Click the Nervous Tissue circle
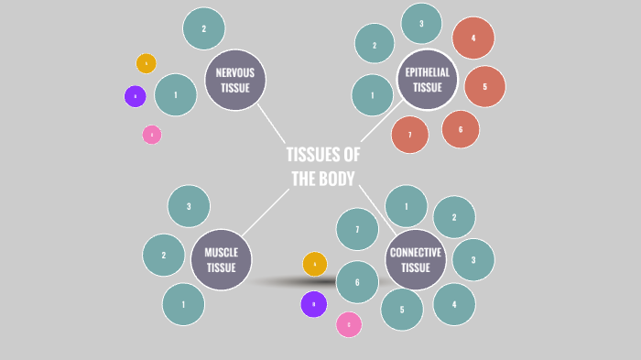[x=235, y=80]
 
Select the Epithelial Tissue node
[x=428, y=80]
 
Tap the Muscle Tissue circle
[x=222, y=259]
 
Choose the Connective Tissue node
[x=416, y=259]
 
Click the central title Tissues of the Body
[x=322, y=167]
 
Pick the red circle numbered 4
[x=473, y=38]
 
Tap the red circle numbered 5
[x=484, y=87]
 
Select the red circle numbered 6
[x=461, y=129]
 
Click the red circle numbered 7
[x=410, y=135]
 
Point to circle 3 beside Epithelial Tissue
[x=421, y=24]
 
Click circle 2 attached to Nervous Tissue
[x=204, y=28]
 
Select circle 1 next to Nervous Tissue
[x=176, y=94]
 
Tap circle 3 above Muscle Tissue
[x=189, y=206]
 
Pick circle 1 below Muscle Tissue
[x=183, y=304]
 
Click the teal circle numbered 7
[x=357, y=229]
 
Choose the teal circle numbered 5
[x=402, y=309]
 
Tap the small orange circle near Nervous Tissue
[x=147, y=63]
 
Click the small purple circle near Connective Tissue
[x=314, y=304]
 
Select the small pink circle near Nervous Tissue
[x=152, y=135]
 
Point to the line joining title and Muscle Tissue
[x=266, y=212]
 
